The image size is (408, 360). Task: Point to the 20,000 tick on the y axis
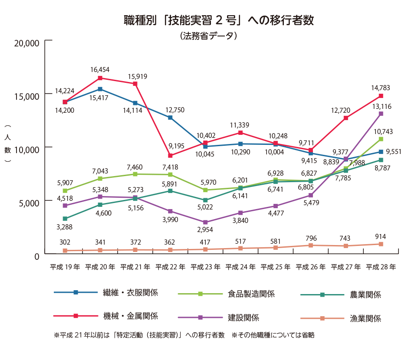click(27, 43)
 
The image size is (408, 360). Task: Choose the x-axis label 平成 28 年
click(381, 267)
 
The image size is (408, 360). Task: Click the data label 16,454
click(100, 69)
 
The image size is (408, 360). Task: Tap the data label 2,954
click(205, 230)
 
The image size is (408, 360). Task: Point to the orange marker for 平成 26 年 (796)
click(311, 245)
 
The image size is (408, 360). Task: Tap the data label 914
click(381, 237)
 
